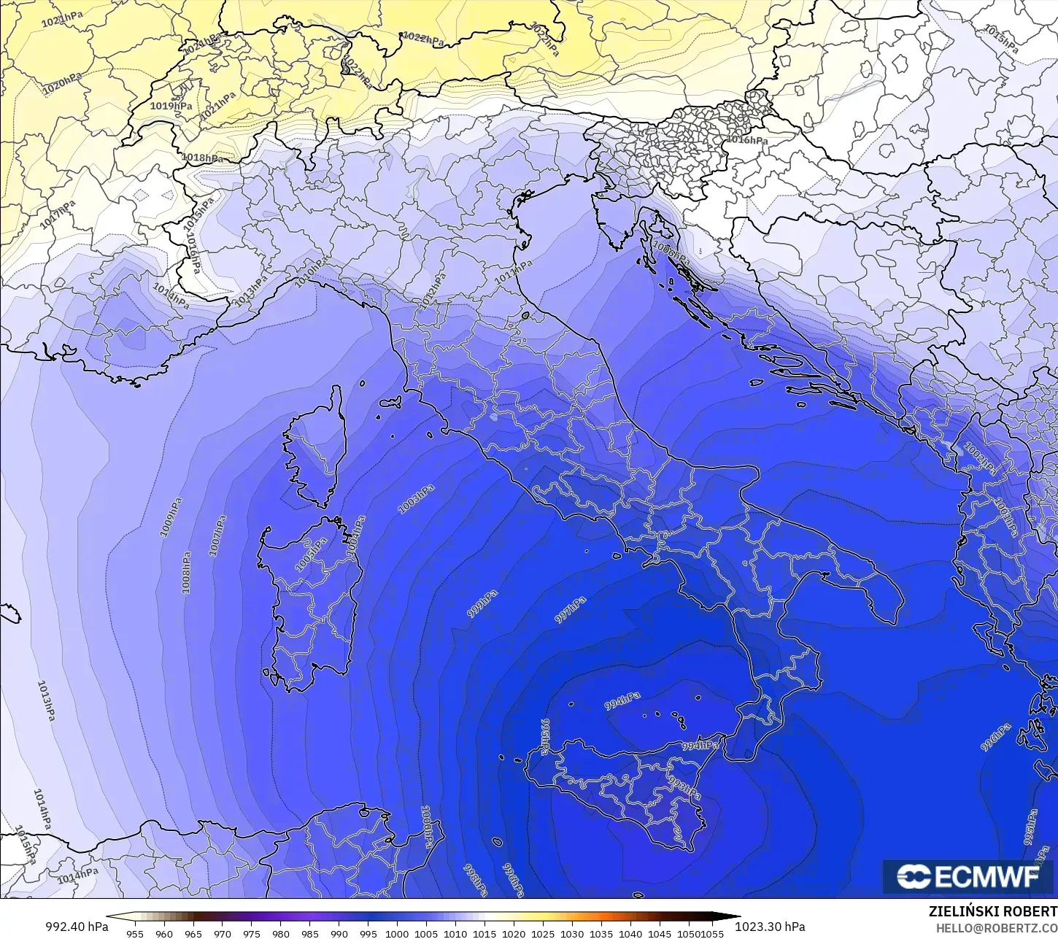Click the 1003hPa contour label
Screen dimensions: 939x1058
point(417,498)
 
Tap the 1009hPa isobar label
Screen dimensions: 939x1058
point(171,517)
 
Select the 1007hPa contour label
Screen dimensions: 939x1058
point(217,536)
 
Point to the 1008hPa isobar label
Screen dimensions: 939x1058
point(187,572)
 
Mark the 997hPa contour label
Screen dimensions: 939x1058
point(571,610)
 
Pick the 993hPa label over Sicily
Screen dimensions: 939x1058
point(684,788)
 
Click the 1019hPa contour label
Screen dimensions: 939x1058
point(171,106)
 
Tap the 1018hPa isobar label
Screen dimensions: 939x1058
point(202,158)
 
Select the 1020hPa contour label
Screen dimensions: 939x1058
point(62,84)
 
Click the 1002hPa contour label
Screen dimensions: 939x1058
point(980,458)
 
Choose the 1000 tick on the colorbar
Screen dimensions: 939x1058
point(397,933)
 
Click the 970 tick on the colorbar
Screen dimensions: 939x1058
point(223,933)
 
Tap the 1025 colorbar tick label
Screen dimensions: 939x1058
point(543,933)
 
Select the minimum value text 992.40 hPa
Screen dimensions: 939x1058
point(77,927)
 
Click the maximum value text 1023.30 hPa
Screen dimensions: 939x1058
point(769,927)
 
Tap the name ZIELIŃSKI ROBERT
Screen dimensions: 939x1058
point(992,911)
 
